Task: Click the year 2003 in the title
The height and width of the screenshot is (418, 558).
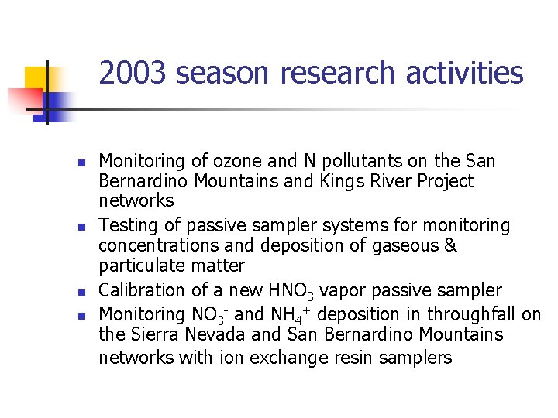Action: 133,74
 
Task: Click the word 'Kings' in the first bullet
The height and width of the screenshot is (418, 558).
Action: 340,181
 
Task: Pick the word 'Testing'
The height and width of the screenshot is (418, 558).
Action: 127,225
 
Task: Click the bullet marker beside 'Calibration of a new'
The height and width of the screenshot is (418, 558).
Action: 80,293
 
